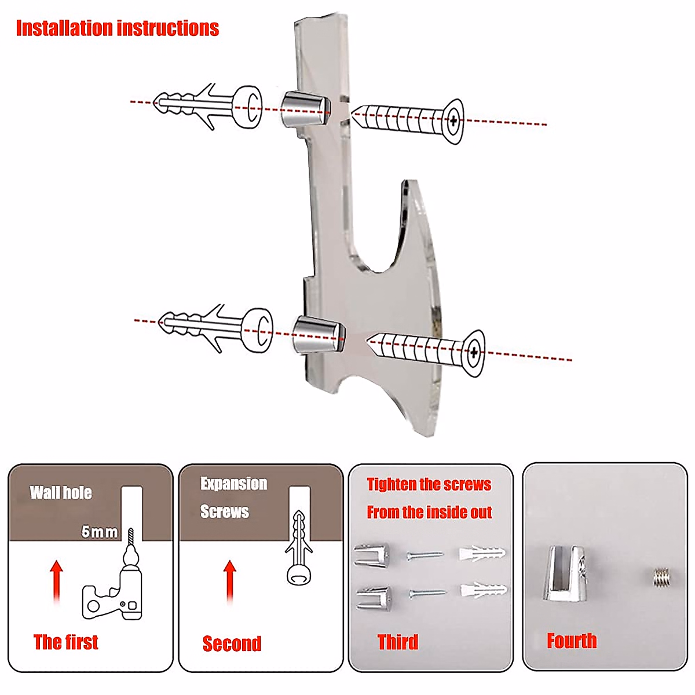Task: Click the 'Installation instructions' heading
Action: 117,28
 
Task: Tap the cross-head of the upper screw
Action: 453,120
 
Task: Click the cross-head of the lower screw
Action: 474,352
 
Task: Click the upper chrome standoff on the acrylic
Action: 305,109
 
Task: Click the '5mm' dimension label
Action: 100,532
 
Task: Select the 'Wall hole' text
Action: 61,493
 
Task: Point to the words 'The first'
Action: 65,642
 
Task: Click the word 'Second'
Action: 232,643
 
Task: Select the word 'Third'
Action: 397,642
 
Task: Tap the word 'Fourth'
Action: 572,641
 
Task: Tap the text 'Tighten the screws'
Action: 429,485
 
